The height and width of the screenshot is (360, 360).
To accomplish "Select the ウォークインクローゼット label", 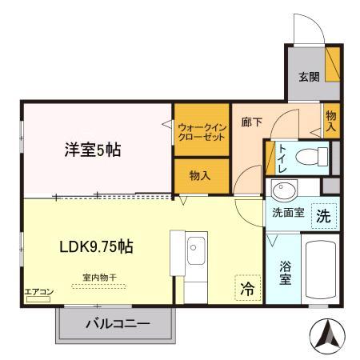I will (x=202, y=131).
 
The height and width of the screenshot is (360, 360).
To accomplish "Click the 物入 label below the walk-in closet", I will (x=199, y=175).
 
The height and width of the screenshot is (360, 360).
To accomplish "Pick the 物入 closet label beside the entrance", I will (x=331, y=121).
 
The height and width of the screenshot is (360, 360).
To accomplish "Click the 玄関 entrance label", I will (x=310, y=77).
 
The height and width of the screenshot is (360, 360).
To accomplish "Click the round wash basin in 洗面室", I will (x=282, y=190).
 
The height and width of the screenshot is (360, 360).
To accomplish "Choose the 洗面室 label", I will (x=286, y=214).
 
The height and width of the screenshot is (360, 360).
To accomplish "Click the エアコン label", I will (x=37, y=292).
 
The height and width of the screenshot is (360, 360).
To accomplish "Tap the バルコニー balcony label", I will (x=117, y=325).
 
